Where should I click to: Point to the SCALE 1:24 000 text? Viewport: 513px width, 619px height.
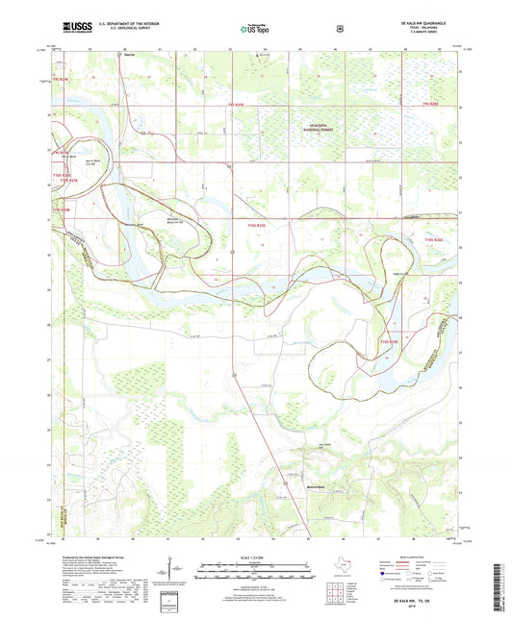[255, 558]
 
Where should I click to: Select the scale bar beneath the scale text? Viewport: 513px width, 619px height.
[255, 567]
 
